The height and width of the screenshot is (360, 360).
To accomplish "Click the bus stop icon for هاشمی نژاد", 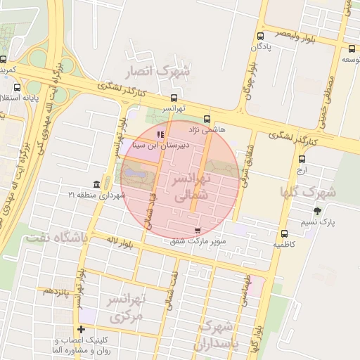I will click(x=207, y=120).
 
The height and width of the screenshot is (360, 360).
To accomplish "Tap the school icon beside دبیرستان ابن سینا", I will click(x=160, y=134).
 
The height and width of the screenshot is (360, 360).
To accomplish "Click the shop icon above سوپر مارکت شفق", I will click(x=197, y=230).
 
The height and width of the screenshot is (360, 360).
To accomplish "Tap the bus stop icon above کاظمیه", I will click(x=284, y=233).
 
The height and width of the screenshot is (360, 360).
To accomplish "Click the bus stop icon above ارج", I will click(x=302, y=159).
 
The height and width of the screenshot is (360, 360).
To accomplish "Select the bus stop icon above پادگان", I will click(x=261, y=36).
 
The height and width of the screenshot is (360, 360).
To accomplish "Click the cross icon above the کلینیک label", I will click(x=82, y=329).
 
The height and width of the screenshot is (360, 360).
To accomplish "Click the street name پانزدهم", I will click(x=56, y=290).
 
